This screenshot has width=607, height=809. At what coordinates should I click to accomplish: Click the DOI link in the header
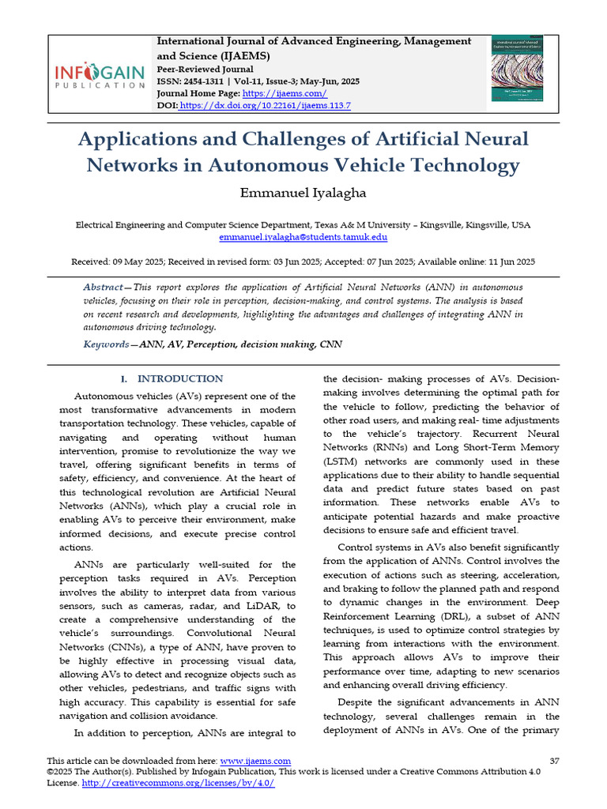265,105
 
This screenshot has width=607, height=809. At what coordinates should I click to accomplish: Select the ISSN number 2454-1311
209,81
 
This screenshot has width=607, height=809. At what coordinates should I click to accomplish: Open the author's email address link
303,237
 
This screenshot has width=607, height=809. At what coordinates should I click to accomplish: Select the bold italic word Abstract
102,287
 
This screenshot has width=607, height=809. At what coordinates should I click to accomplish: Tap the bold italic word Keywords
106,344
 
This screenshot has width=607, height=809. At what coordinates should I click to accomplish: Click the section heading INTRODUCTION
180,379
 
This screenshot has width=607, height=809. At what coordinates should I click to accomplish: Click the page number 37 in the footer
554,761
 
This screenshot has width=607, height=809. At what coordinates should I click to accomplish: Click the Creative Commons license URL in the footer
178,783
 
